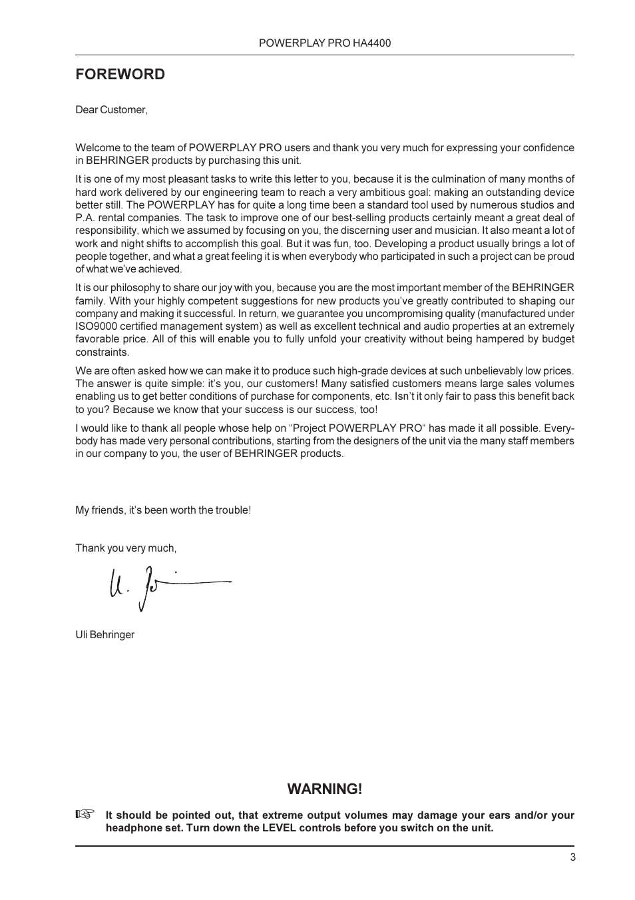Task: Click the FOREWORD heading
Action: point(120,75)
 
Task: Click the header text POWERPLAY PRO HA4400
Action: point(324,43)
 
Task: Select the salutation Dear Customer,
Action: point(111,110)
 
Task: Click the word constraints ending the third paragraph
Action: point(102,352)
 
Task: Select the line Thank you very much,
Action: point(126,548)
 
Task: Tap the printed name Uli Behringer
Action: point(105,635)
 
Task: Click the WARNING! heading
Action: point(325,789)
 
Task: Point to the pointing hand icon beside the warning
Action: point(85,814)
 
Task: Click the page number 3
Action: point(572,857)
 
